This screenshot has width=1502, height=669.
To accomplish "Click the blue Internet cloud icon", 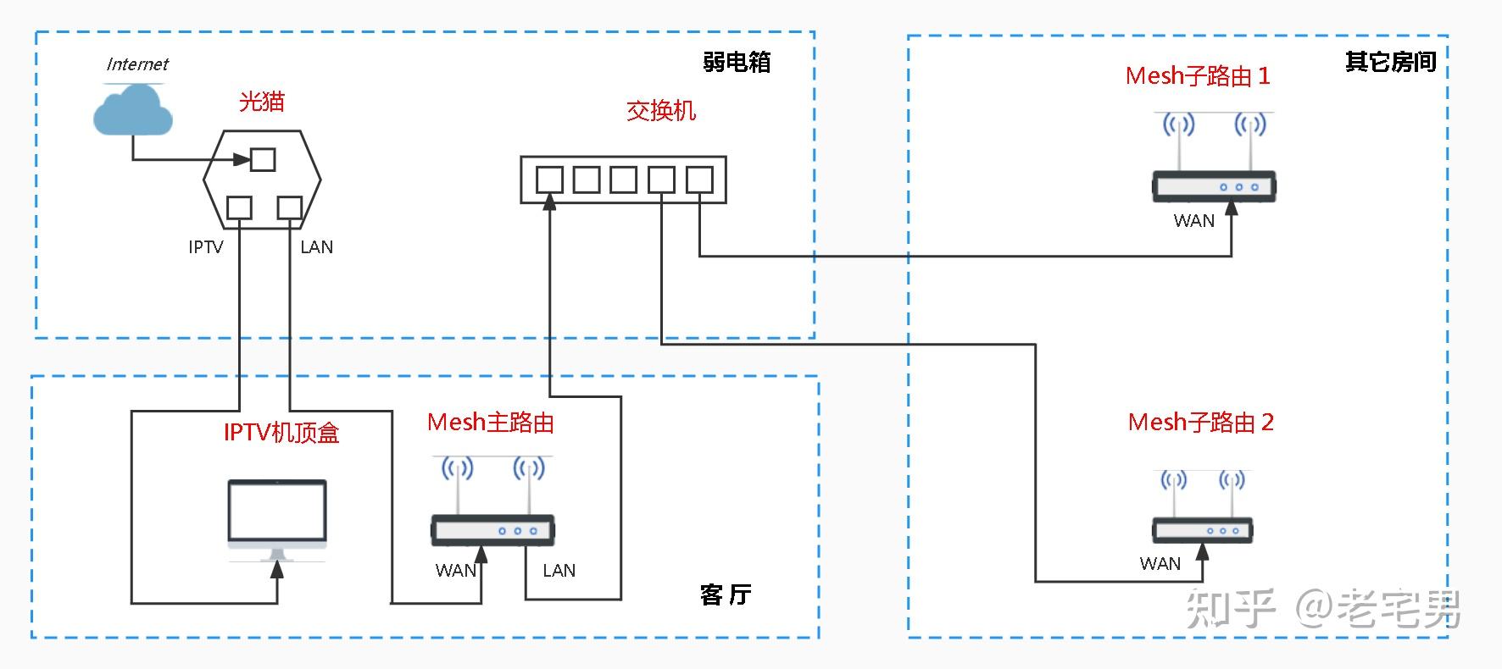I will tap(132, 110).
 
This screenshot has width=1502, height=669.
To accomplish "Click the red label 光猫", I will tap(261, 102).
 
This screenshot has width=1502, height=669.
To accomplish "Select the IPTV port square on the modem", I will tap(240, 207).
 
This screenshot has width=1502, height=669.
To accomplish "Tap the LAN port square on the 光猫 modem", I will tap(290, 207).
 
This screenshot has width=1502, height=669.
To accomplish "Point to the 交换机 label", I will tap(661, 110).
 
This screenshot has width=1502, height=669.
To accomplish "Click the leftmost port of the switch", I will tap(549, 180).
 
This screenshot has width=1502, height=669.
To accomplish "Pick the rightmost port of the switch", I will tap(699, 180).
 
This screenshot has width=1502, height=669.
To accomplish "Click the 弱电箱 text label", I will tap(737, 62).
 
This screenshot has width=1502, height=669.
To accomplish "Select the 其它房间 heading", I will tap(1390, 62).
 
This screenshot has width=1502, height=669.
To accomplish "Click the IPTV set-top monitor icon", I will tap(277, 518).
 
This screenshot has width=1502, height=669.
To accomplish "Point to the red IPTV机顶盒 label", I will tap(281, 433).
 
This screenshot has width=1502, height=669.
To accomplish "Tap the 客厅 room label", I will tap(726, 594).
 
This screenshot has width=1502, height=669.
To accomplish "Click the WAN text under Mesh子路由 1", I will tap(1193, 221).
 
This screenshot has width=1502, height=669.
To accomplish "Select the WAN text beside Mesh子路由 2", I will tap(1160, 564).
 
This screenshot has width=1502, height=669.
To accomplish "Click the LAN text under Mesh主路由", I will tap(559, 571).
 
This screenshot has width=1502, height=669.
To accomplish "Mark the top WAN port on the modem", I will tap(263, 159).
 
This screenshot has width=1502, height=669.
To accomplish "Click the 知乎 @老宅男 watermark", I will tap(1322, 608).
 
